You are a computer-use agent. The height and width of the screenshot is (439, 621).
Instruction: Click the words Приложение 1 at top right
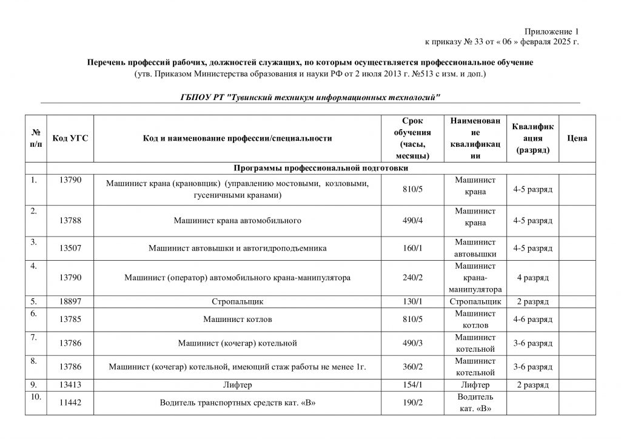[552, 31]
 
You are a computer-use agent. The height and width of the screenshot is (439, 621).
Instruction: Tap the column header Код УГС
[70, 138]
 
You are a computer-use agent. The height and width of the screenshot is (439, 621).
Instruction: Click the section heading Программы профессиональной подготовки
[321, 167]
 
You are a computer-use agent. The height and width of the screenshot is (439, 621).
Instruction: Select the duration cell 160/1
[412, 248]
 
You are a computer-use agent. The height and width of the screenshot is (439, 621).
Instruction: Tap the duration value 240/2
[412, 277]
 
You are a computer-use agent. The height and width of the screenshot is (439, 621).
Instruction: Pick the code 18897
[70, 301]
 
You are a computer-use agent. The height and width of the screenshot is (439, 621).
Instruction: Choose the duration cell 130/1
[412, 301]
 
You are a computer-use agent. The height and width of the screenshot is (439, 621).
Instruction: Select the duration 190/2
[412, 402]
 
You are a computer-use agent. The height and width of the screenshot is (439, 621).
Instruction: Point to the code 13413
[70, 384]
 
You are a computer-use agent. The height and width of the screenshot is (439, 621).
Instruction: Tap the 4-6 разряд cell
[532, 319]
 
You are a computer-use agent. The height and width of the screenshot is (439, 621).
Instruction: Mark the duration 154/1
[412, 384]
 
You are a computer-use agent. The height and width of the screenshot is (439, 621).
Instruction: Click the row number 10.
[35, 397]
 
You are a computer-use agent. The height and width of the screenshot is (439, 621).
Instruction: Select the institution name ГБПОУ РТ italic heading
[310, 97]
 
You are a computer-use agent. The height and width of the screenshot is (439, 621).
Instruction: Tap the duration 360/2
[412, 366]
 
